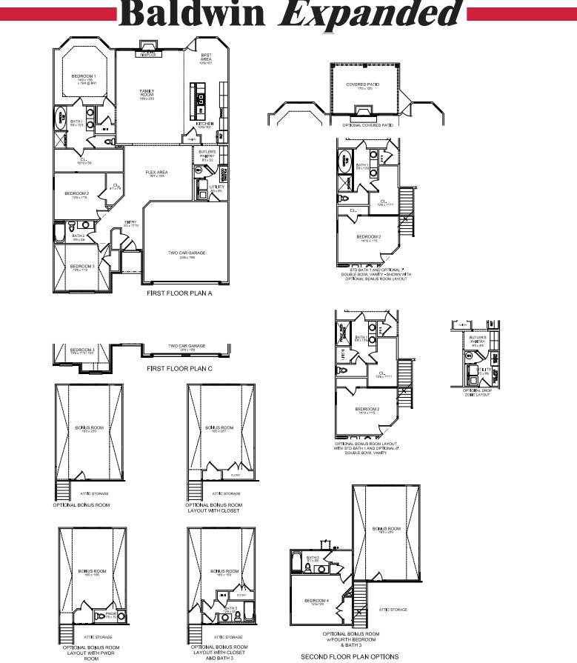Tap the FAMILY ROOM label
point(147,92)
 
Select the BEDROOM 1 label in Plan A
point(83,76)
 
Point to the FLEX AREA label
point(156,173)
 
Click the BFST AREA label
point(206,57)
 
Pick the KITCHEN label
point(205,124)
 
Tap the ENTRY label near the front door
point(130,222)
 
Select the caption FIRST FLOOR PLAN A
point(179,293)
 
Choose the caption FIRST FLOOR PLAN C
point(179,368)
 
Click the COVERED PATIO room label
point(362,84)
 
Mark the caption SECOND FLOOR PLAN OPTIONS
point(350,656)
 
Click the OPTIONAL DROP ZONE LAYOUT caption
point(477,392)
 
